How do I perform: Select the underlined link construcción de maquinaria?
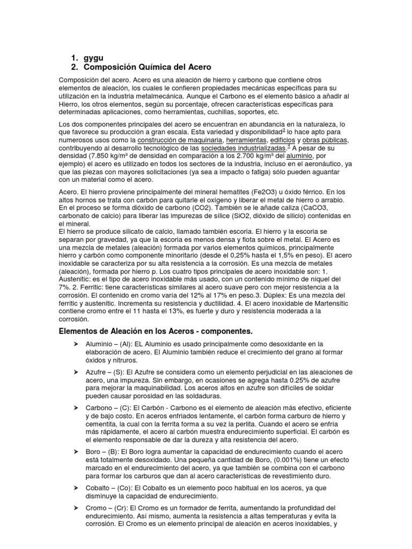click(x=181, y=140)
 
